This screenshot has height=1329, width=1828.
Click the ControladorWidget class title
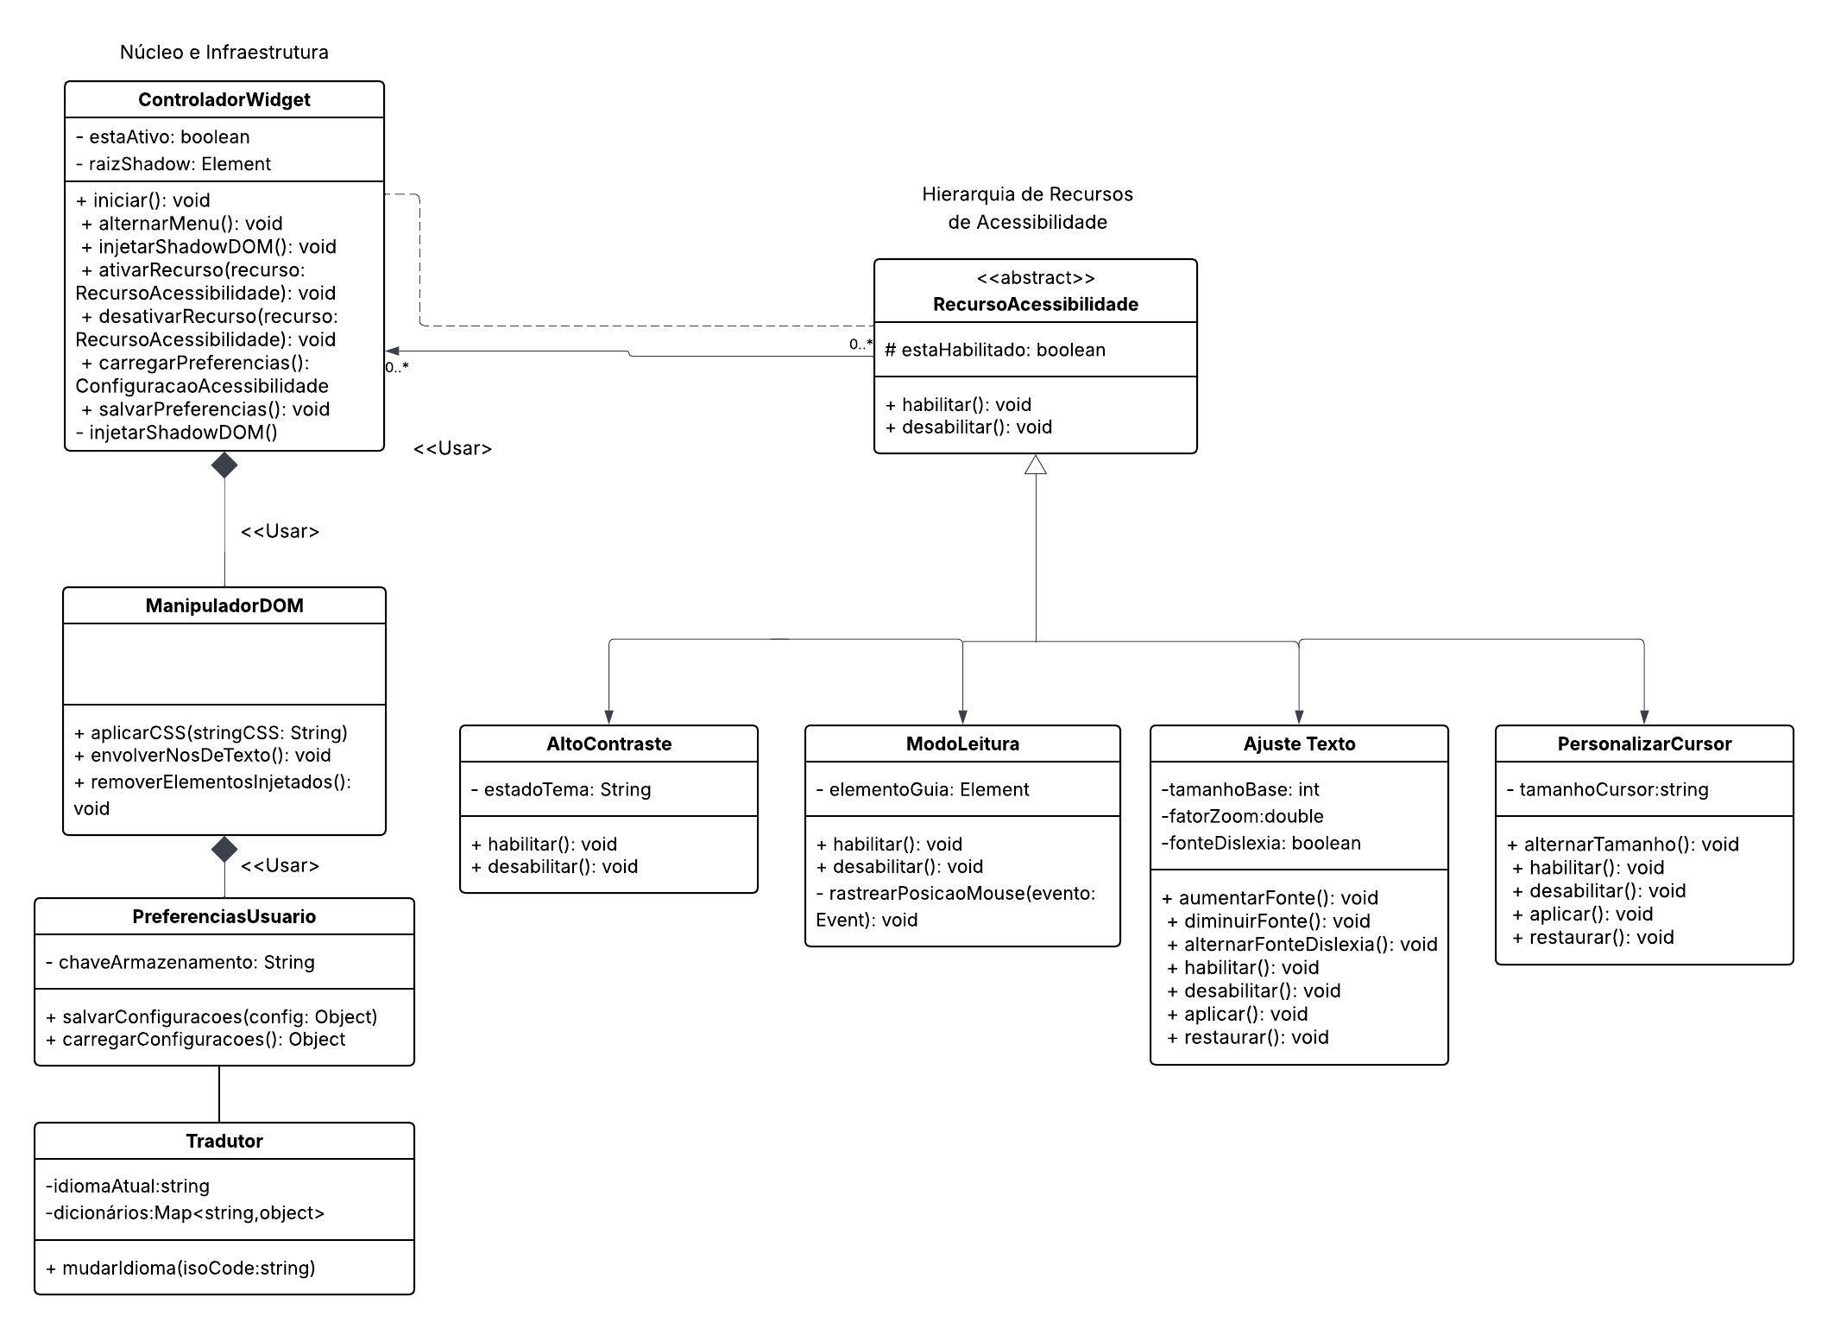coord(224,100)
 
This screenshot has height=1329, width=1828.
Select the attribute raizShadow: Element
coord(173,164)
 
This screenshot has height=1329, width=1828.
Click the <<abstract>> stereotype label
coord(1035,278)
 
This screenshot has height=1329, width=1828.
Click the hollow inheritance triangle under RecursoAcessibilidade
coord(1035,465)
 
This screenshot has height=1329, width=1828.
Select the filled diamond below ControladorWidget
coord(224,465)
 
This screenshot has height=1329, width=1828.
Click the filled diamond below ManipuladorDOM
coord(224,849)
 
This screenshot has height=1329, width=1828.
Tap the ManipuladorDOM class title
coord(224,606)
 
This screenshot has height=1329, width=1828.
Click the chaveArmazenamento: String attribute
coord(180,962)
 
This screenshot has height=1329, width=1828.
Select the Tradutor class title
coord(224,1142)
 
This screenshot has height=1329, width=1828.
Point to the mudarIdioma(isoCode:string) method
coord(180,1268)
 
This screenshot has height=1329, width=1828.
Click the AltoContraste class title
coord(608,744)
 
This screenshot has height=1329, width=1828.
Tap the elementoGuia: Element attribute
coord(922,789)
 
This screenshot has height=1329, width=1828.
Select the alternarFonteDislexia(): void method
coord(1302,945)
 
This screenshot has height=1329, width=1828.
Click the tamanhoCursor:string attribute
coord(1607,789)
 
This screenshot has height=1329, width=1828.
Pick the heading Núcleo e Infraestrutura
coord(224,52)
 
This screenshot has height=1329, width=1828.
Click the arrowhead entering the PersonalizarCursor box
coord(1643,717)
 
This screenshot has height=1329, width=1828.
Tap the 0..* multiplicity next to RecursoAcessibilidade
coord(860,345)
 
